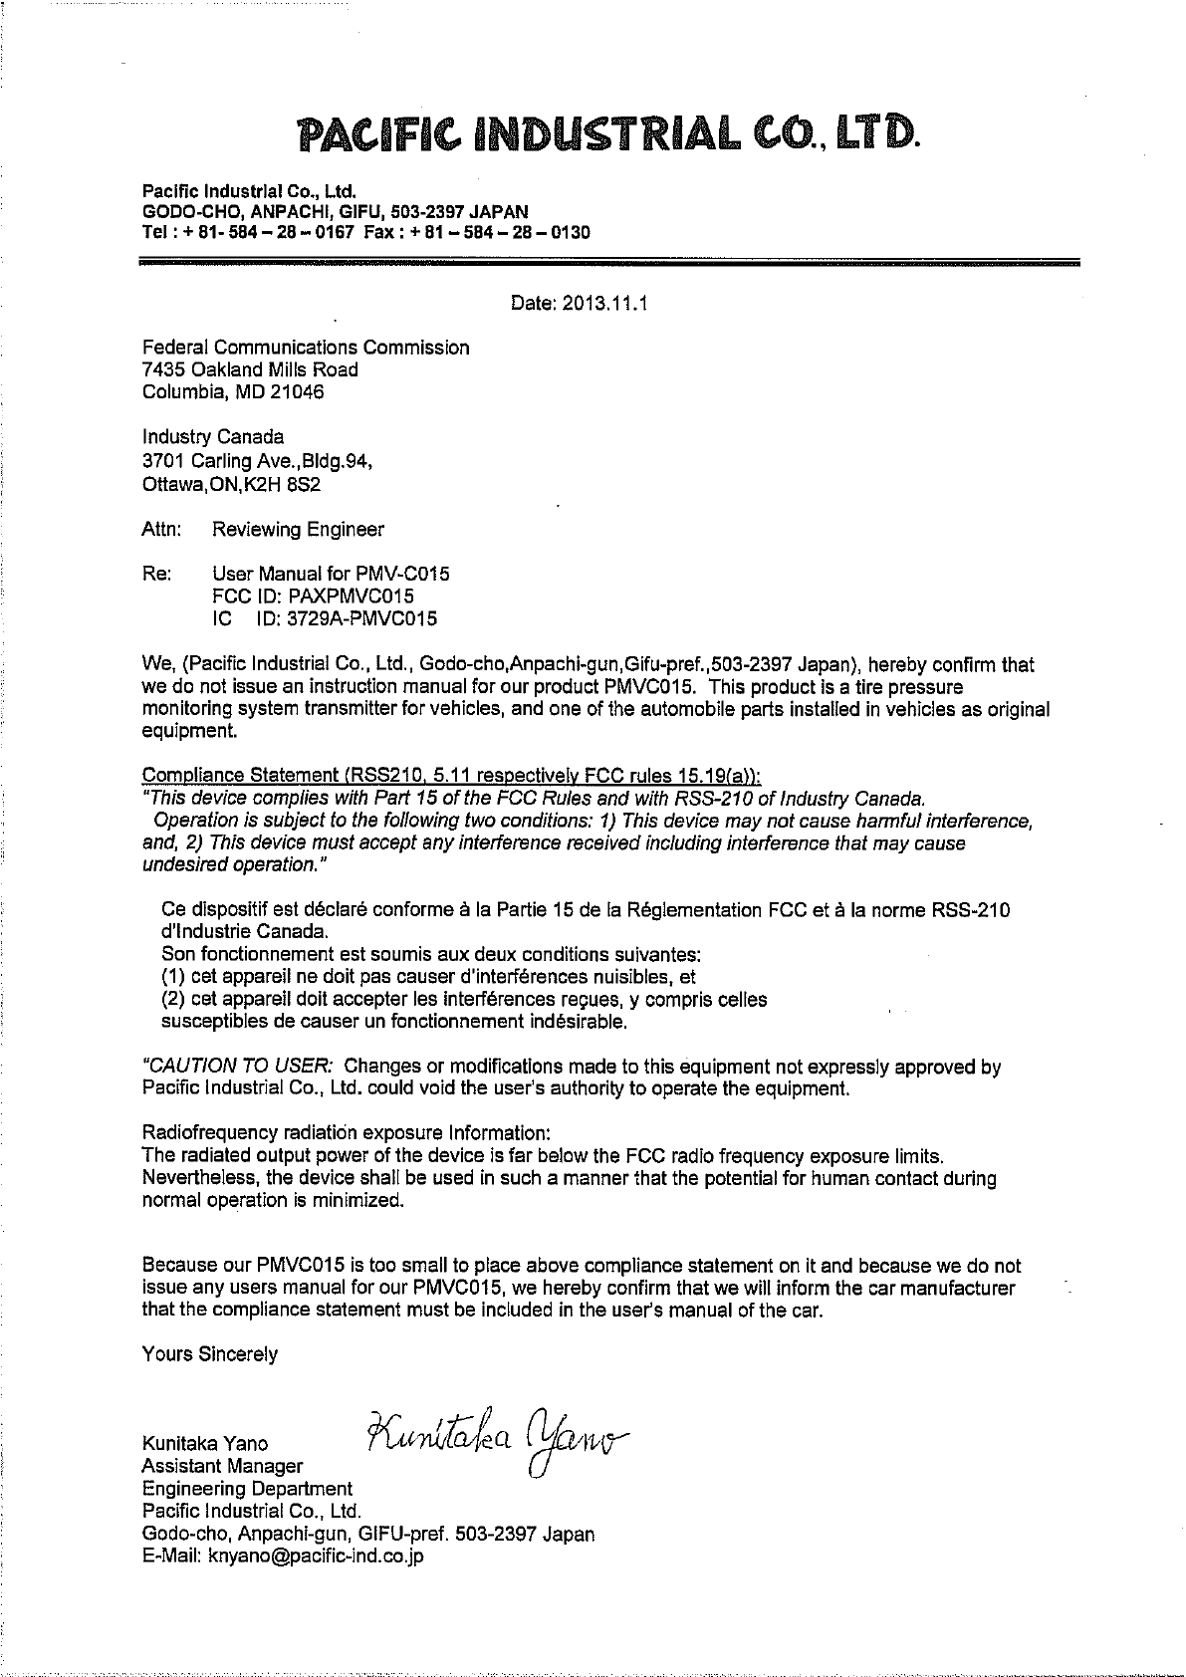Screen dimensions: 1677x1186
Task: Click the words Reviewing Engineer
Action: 298,530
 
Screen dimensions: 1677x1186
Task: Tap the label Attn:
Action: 161,530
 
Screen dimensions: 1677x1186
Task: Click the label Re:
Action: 156,575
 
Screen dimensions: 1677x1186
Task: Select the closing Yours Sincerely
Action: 210,1354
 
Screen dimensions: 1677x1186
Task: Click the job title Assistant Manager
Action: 223,1466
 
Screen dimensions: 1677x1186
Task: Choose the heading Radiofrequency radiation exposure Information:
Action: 346,1133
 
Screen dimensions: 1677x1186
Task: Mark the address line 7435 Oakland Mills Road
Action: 250,369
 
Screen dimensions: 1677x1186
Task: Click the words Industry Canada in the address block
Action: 213,437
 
